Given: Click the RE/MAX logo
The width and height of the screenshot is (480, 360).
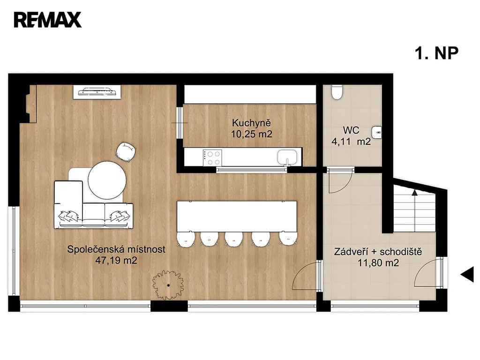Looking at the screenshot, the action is click(x=47, y=20).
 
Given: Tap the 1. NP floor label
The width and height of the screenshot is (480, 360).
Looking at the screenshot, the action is click(x=436, y=53).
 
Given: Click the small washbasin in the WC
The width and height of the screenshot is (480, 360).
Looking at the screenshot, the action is click(x=376, y=133).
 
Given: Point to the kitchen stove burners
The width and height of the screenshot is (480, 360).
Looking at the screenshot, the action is click(x=212, y=158).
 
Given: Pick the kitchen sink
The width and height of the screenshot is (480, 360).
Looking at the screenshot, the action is click(x=287, y=157).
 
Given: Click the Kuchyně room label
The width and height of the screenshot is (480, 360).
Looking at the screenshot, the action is click(x=251, y=123).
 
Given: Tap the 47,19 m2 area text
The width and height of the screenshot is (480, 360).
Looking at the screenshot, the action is click(x=116, y=261).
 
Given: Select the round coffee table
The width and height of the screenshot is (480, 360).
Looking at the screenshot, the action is click(x=107, y=180).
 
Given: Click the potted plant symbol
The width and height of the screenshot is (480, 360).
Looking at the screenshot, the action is click(x=168, y=285).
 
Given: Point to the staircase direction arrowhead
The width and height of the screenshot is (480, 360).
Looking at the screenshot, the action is click(x=414, y=193).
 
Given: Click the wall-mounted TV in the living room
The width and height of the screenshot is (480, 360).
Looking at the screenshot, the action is click(x=97, y=92).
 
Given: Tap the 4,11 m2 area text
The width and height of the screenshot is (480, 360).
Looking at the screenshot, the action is click(x=351, y=142).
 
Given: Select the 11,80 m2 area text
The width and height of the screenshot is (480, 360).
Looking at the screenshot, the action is click(x=378, y=262).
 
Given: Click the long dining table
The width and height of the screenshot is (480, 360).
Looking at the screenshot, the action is click(x=237, y=217).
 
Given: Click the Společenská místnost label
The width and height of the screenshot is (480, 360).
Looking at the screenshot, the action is click(x=116, y=249).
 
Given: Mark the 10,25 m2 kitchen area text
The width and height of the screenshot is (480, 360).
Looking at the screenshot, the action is click(x=251, y=134).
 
